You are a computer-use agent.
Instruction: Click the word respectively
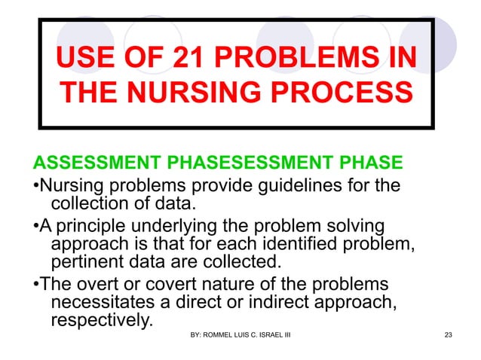point(100,321)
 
